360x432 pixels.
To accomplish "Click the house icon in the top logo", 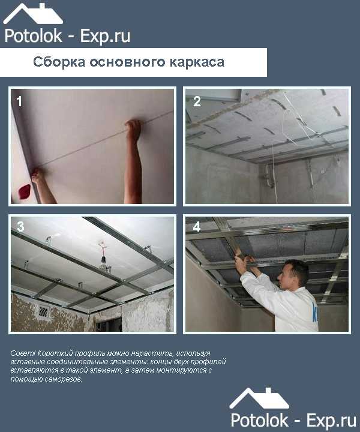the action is [x=33, y=14].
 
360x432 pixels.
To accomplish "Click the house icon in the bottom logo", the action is [x=259, y=398].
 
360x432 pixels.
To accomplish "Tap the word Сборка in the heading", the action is [x=59, y=62].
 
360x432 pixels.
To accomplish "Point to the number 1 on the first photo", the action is [x=19, y=101].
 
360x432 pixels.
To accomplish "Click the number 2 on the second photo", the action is [x=197, y=101].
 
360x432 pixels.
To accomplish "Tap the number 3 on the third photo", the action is [x=20, y=226].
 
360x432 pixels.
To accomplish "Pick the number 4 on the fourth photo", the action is [x=197, y=227].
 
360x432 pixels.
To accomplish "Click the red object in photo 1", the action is [x=24, y=191].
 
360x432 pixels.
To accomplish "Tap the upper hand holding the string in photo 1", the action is [x=134, y=130].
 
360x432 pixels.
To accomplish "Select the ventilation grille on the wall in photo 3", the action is [x=43, y=311].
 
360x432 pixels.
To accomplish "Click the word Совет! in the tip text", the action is [x=23, y=353].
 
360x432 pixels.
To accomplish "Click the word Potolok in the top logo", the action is [x=34, y=36].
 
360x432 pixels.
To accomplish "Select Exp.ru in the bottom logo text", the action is [x=331, y=421].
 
